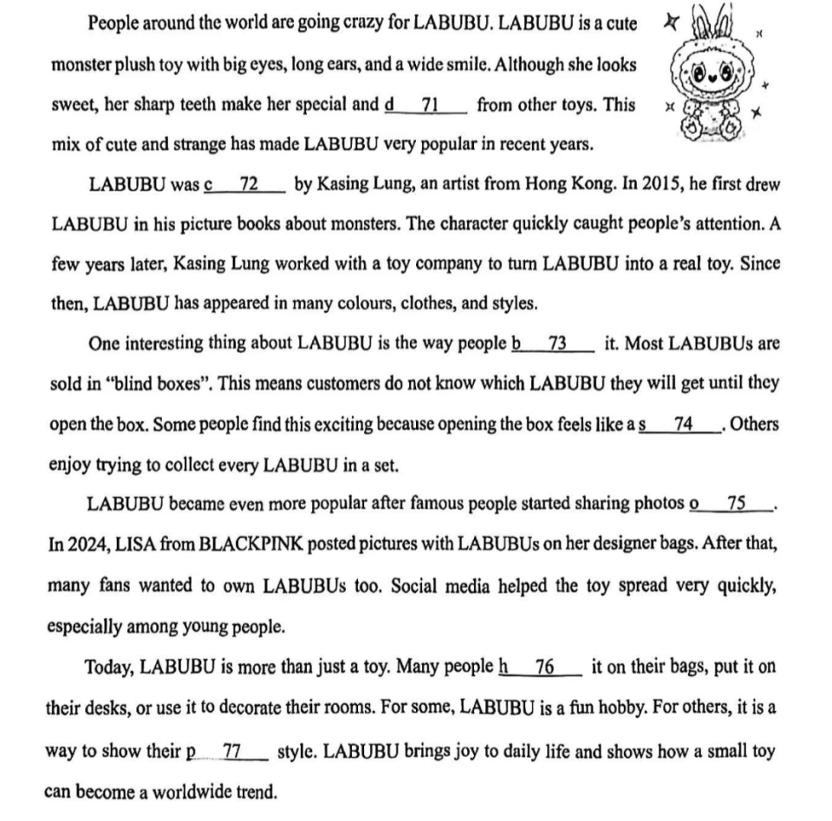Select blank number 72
click(247, 185)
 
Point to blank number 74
click(682, 424)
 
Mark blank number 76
click(543, 668)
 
